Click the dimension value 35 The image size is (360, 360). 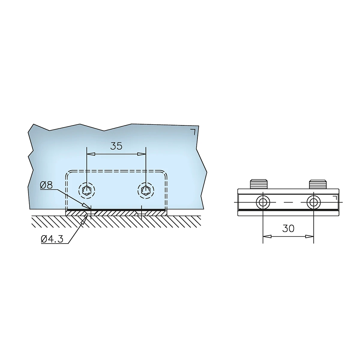116,146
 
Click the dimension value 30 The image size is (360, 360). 288,228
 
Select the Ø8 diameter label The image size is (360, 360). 46,185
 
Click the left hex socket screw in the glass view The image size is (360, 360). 86,190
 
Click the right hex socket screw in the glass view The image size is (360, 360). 146,190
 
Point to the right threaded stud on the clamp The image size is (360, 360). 317,183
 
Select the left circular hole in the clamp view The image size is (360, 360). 263,202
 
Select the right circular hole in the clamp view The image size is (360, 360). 313,202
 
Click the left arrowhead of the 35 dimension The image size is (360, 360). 91,154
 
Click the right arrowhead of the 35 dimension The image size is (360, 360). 142,154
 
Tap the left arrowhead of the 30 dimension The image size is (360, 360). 267,236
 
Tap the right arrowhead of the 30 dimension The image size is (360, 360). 309,236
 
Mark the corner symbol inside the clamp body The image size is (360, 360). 334,197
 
